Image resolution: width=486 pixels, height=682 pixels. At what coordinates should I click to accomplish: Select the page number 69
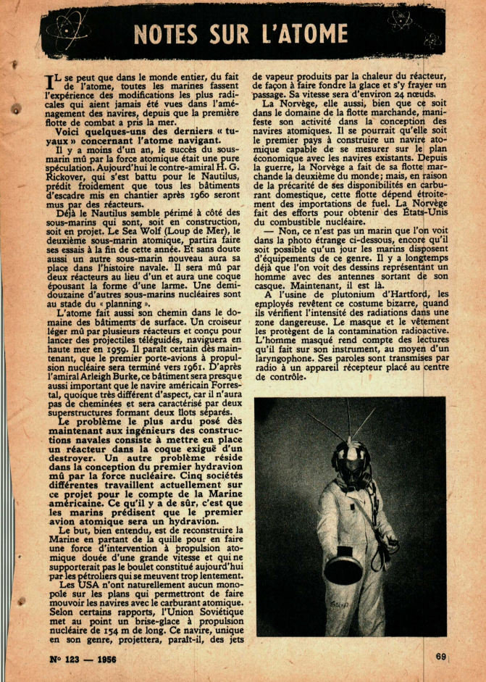pyautogui.click(x=442, y=657)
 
